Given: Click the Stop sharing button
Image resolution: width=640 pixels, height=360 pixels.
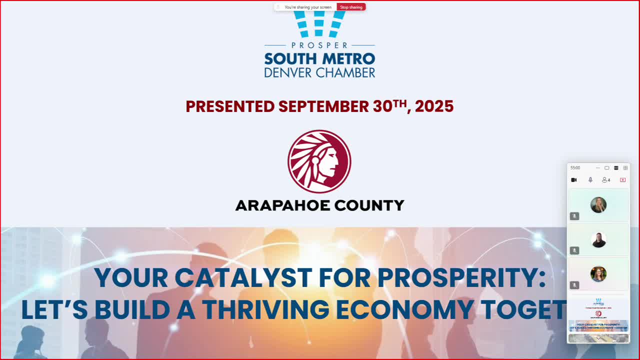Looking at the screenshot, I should [x=351, y=7].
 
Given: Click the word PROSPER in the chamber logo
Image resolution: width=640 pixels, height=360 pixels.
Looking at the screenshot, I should [x=319, y=45].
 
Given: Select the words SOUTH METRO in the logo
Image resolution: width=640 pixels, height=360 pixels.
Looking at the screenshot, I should [x=319, y=58].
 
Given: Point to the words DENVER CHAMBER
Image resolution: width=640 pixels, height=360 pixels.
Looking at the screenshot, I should [x=319, y=72].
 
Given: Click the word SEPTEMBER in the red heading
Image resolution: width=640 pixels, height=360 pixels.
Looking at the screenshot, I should [x=323, y=106].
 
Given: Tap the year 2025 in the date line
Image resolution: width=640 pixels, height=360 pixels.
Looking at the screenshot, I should [x=434, y=106].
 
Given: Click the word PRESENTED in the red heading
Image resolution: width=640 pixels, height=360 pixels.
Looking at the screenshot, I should [x=230, y=106].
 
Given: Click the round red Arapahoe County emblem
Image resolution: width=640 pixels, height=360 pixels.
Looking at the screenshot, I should [x=319, y=161].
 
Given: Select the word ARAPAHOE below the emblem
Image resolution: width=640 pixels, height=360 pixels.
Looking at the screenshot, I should [x=281, y=205].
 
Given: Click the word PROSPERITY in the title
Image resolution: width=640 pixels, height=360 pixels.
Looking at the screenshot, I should [x=457, y=278].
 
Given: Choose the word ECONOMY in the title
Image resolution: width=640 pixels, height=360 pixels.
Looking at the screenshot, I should [x=404, y=310].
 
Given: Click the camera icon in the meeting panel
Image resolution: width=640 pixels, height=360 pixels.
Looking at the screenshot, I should [x=574, y=180].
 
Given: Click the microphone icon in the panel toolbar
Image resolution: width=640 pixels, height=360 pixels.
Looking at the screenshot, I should [x=590, y=180].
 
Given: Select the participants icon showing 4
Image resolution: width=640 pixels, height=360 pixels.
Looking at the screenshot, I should [x=606, y=180].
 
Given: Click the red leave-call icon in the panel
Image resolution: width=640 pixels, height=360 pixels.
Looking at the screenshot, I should [x=622, y=180].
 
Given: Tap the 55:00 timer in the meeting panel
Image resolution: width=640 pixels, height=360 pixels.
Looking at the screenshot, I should [x=575, y=168].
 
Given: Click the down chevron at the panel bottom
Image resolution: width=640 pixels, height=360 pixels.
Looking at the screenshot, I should [x=598, y=338].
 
